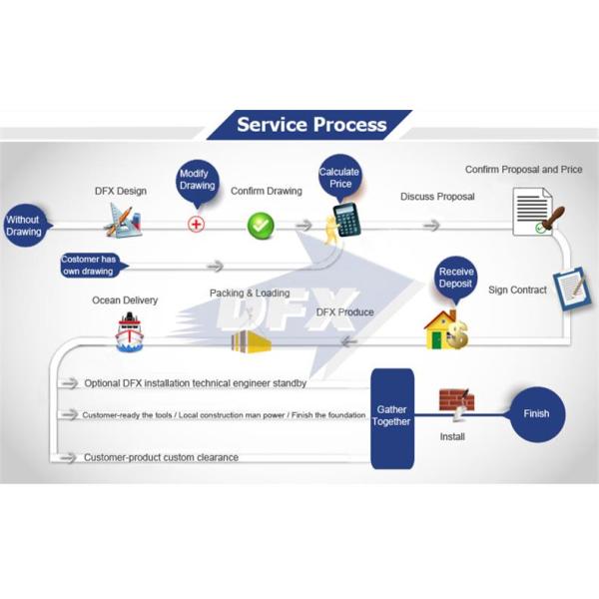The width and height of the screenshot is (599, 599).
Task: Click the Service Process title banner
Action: (310, 125)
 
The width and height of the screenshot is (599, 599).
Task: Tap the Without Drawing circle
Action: (24, 226)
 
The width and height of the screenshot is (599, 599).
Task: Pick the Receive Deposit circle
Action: (456, 280)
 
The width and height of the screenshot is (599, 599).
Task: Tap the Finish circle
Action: (537, 413)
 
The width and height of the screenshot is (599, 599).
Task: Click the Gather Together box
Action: (392, 416)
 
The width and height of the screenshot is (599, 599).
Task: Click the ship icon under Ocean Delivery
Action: (130, 333)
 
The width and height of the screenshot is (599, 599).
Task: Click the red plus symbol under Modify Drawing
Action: (196, 224)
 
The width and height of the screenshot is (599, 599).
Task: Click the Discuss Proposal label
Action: (437, 197)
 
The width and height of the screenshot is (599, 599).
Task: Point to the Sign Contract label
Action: (517, 291)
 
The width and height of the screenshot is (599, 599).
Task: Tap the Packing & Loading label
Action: (250, 294)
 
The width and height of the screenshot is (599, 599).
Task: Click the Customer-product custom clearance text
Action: (161, 457)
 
